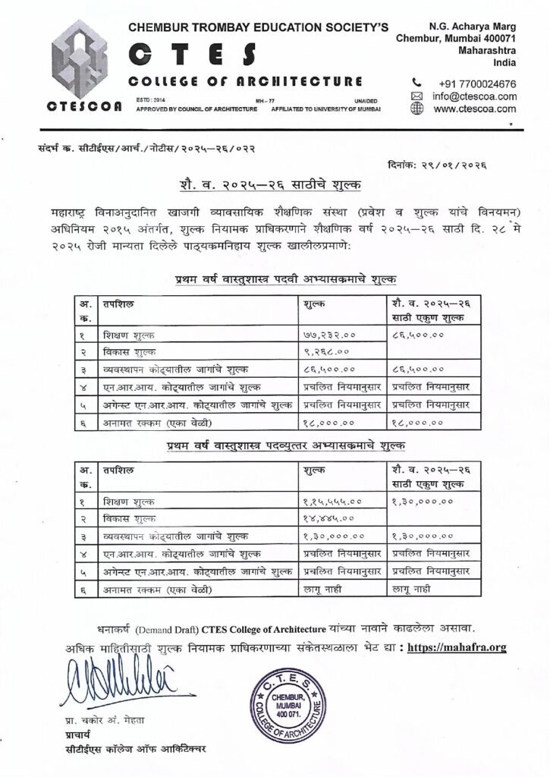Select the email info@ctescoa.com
click(x=474, y=96)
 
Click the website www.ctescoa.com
click(x=474, y=109)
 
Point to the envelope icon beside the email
click(x=416, y=96)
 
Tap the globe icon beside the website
click(x=416, y=109)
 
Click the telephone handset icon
click(x=416, y=83)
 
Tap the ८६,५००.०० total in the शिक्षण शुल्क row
click(x=417, y=334)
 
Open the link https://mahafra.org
click(x=457, y=647)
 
